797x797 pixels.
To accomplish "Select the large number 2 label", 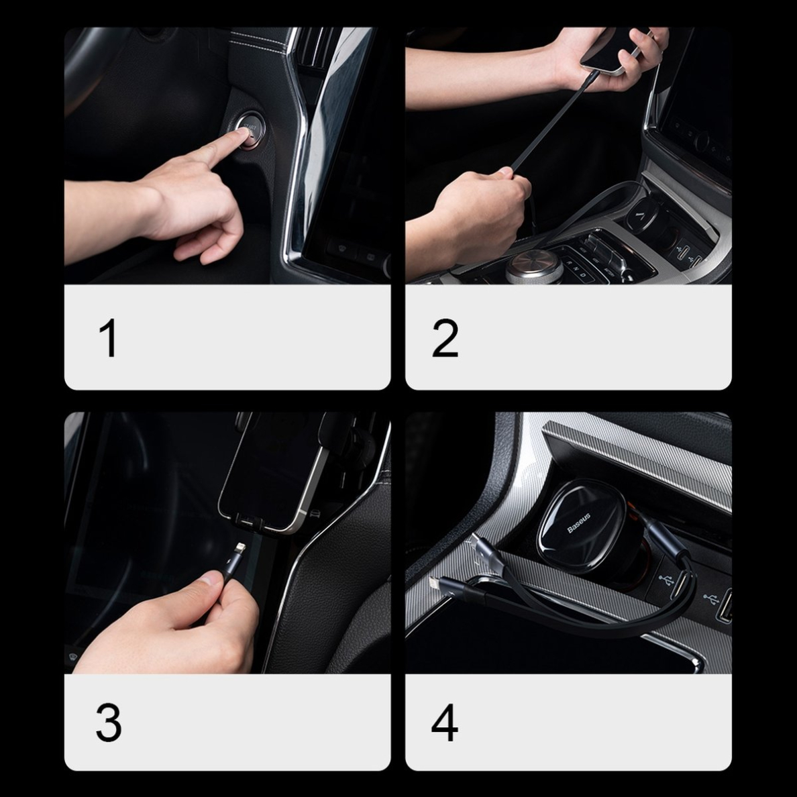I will coord(445,338).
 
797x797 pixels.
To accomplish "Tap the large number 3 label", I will coord(109,723).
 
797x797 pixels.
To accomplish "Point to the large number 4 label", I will coord(445,723).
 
